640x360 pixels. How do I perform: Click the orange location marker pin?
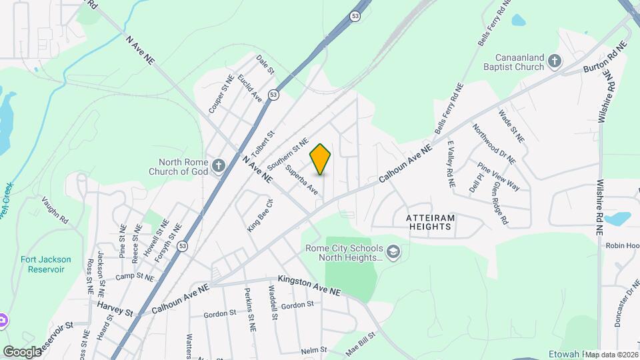pos(320,159)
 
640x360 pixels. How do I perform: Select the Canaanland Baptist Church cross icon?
pos(554,62)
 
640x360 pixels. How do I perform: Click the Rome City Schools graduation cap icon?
pos(393,251)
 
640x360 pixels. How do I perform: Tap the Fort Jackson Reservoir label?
pos(42,264)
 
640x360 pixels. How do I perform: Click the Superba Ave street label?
pos(302,179)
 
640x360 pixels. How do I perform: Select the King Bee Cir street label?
pos(261,215)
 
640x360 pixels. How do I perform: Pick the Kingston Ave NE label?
pos(309,287)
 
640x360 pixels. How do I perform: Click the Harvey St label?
pos(115,308)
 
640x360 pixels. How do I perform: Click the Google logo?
pos(22,351)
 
